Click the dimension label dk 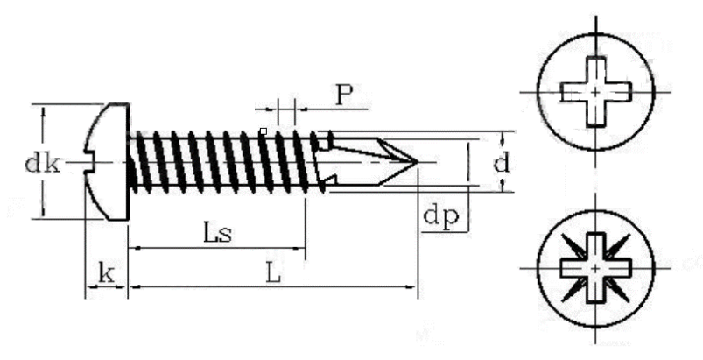click(42, 164)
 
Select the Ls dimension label click(218, 233)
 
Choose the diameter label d click(502, 163)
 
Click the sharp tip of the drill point click(418, 162)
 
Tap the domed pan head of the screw click(107, 161)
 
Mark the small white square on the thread click(264, 131)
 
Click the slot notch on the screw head click(88, 162)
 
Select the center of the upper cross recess click(595, 92)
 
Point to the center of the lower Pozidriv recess click(595, 269)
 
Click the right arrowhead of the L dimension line click(411, 286)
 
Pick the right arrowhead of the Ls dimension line click(299, 248)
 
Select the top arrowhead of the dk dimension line click(43, 111)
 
